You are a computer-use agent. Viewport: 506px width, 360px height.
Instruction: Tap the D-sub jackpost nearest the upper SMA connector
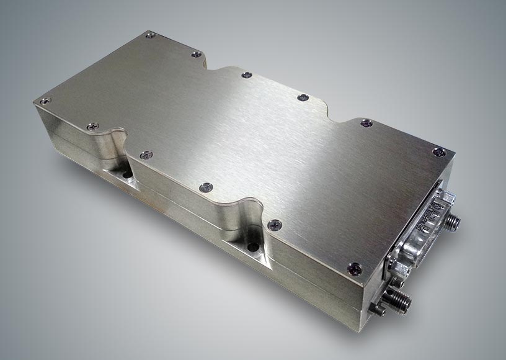(x=445, y=197)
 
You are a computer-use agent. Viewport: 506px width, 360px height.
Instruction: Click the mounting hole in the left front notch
(x=128, y=176)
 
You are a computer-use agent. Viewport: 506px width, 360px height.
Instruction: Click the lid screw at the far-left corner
(x=45, y=101)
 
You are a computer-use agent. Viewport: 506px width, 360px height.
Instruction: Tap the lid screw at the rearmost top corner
(x=149, y=35)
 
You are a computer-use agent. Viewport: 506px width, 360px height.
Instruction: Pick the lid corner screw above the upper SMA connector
(x=438, y=151)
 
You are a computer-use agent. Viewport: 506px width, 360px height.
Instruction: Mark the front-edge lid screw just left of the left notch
(x=92, y=127)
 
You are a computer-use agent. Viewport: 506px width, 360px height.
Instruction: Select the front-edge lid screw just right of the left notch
(x=145, y=155)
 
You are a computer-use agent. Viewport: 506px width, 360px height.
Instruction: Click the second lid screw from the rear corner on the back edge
(x=197, y=55)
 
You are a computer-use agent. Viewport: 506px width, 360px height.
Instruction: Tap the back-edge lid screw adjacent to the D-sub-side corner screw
(x=366, y=123)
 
